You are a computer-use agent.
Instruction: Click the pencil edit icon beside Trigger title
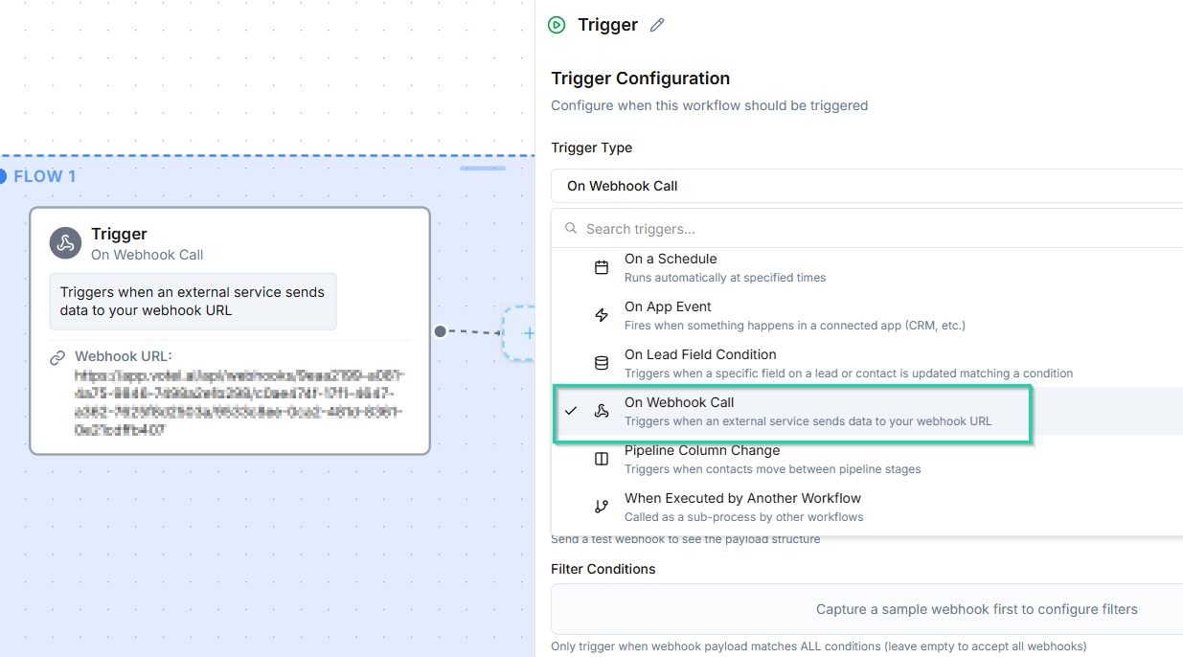657,26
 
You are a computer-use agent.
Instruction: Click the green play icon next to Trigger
557,26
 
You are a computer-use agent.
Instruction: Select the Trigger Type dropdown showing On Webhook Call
862,186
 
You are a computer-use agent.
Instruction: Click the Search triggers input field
862,229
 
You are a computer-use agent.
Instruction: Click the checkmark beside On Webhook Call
571,411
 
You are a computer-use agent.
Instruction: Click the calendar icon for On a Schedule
602,267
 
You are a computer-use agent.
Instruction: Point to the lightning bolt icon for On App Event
602,315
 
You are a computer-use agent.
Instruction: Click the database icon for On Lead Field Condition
602,363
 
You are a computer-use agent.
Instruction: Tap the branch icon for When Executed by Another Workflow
602,507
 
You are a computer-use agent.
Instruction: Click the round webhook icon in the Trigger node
66,243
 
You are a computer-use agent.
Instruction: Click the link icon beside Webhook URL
57,358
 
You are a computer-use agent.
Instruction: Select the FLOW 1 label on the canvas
44,176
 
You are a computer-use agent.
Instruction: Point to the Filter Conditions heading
603,569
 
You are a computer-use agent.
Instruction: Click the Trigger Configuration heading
640,79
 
